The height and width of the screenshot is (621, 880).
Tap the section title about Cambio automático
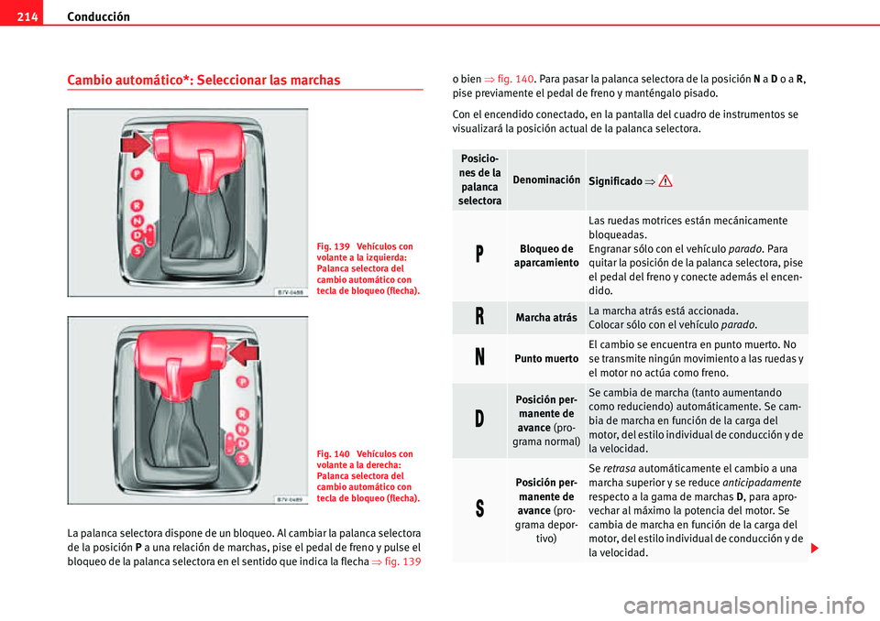[203, 80]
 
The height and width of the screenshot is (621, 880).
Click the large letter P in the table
[479, 256]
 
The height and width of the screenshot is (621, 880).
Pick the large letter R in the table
[479, 318]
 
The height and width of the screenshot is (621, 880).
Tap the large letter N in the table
[479, 358]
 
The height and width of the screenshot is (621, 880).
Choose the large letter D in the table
[479, 420]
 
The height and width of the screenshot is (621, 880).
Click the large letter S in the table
[479, 510]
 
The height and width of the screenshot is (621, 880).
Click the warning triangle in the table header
[665, 181]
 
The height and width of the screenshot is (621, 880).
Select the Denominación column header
[546, 180]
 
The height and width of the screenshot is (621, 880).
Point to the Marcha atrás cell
[546, 318]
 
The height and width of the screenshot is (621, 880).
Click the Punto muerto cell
[546, 358]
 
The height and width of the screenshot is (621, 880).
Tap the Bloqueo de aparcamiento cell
[546, 256]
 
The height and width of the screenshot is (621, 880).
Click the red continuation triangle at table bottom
[815, 548]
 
